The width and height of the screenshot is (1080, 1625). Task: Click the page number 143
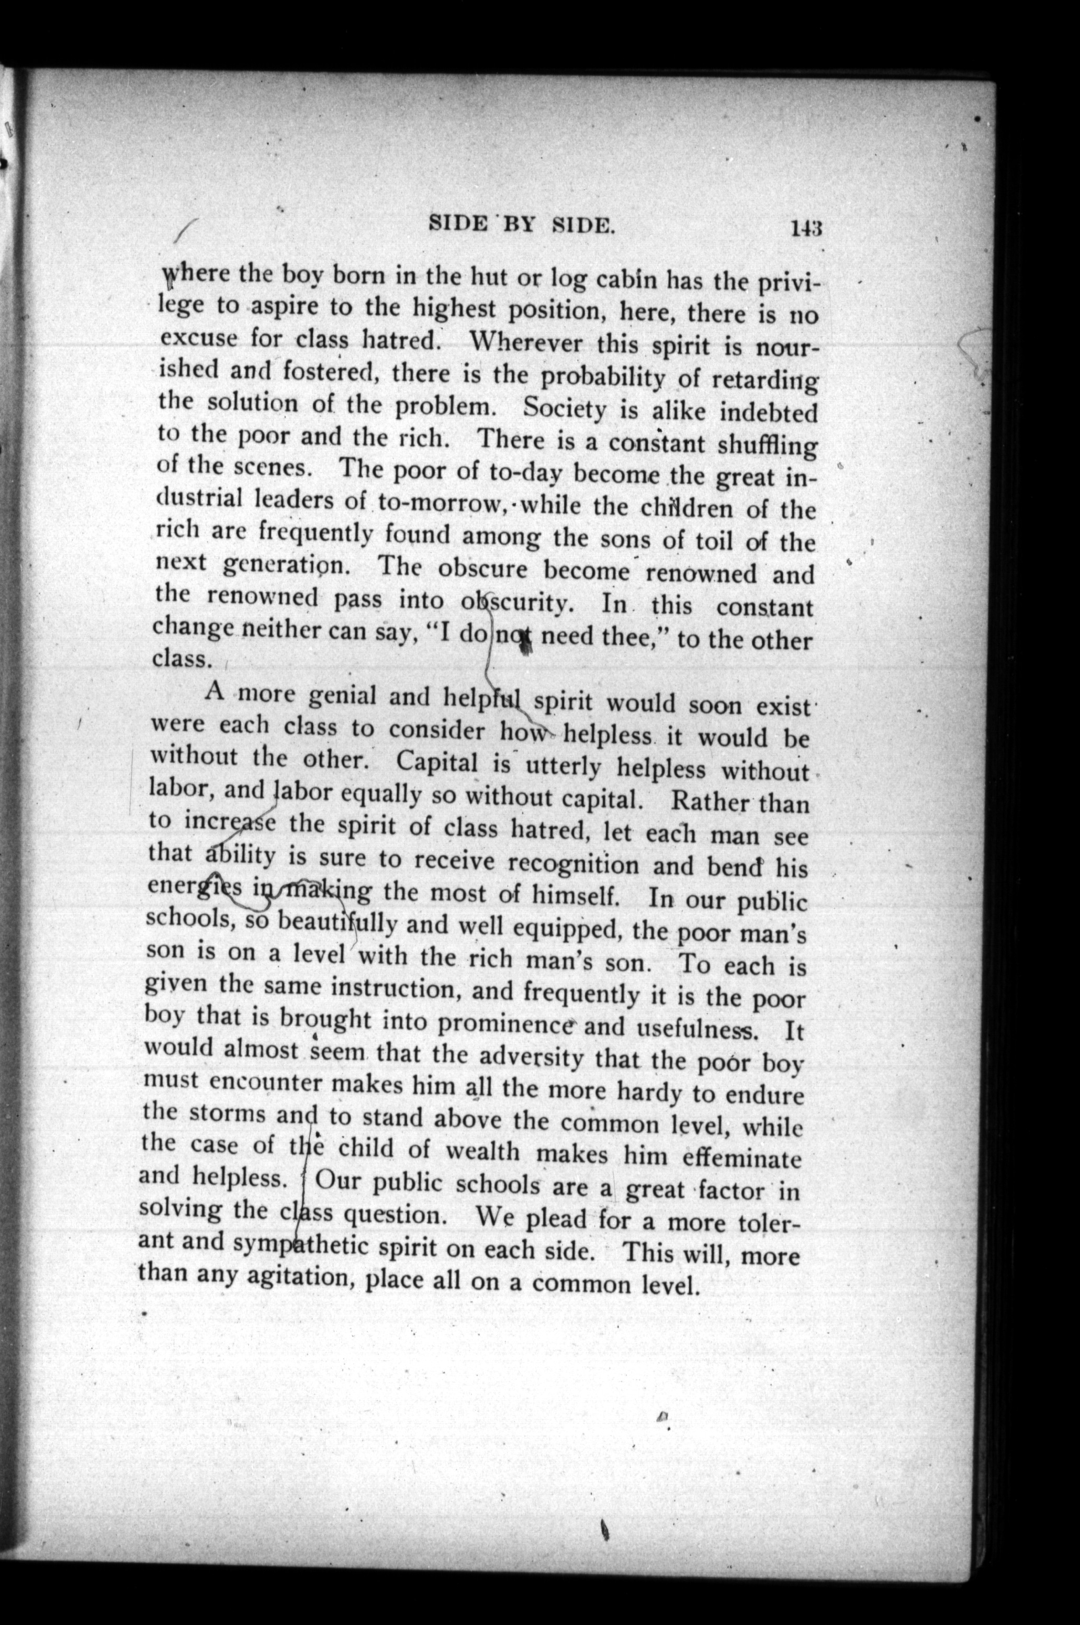coord(807,228)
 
